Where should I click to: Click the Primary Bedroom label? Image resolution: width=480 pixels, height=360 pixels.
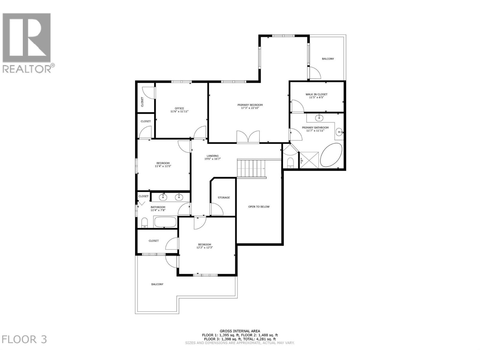point(250,105)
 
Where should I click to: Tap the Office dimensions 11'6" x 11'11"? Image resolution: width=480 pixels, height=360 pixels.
point(179,111)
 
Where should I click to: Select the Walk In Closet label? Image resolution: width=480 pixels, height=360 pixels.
point(316,94)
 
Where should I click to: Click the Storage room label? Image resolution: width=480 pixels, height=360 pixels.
point(224,197)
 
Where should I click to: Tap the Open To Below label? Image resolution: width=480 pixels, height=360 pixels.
point(259,207)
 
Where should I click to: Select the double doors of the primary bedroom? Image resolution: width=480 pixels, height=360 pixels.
point(248,137)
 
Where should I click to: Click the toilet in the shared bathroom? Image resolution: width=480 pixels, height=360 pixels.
point(144,223)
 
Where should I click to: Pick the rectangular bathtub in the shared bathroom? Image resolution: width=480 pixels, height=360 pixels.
point(165,222)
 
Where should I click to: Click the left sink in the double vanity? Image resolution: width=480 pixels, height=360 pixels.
point(163,197)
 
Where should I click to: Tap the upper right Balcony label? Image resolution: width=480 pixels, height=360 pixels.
point(328,59)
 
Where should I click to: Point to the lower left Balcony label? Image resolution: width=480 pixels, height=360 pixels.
point(157,284)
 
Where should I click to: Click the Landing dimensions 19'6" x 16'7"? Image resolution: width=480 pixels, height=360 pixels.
point(212,159)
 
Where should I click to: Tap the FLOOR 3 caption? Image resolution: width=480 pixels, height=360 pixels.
point(25,339)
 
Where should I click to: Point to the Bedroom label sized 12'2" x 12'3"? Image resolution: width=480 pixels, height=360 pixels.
point(204,244)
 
